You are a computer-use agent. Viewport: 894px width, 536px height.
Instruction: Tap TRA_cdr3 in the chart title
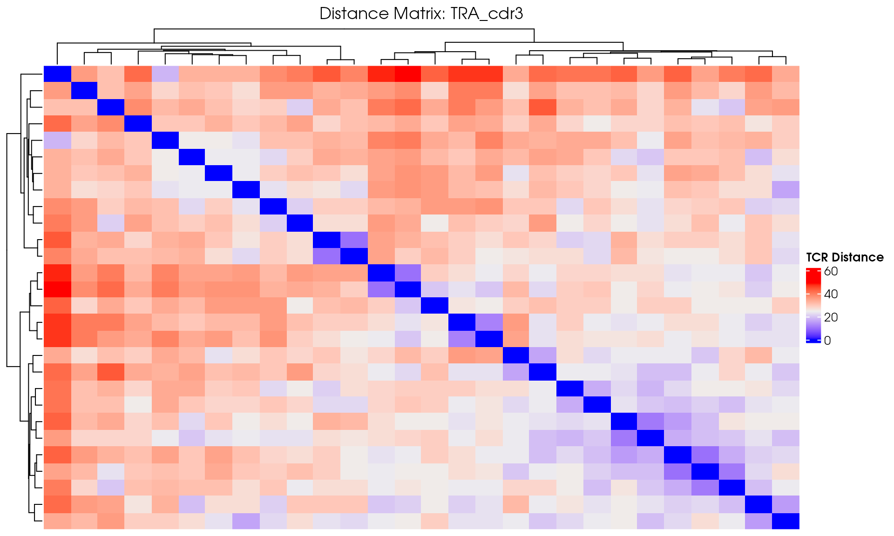tap(487, 14)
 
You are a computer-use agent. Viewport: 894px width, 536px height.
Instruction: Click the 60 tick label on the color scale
tap(831, 271)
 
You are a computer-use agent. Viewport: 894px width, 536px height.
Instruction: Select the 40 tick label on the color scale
tap(831, 294)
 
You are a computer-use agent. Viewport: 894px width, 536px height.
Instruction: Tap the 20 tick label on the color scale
tap(831, 317)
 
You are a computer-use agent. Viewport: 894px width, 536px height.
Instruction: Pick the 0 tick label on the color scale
tap(827, 341)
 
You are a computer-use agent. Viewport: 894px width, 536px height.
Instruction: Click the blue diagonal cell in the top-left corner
tap(57, 74)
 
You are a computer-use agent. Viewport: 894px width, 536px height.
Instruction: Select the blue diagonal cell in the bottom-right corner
tap(786, 521)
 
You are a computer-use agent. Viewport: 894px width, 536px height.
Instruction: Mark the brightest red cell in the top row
tap(408, 74)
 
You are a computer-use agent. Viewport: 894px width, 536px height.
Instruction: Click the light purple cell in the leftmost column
tap(57, 140)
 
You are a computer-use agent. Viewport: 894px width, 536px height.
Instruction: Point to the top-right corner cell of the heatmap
tap(786, 74)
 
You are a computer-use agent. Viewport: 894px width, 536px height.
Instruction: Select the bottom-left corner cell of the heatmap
tap(57, 521)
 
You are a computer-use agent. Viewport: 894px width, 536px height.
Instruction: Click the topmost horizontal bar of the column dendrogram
tap(344, 29)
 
